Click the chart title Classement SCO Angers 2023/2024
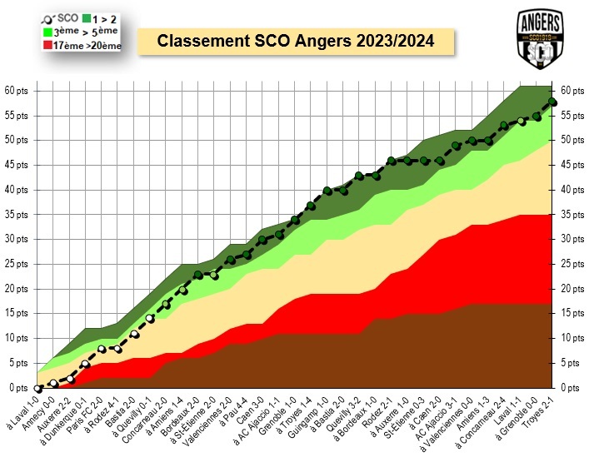pyautogui.click(x=295, y=41)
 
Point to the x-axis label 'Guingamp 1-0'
pyautogui.click(x=308, y=416)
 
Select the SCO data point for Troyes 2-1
pyautogui.click(x=552, y=102)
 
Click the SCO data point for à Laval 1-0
pyautogui.click(x=38, y=388)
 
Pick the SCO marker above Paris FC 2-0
pyautogui.click(x=102, y=349)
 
